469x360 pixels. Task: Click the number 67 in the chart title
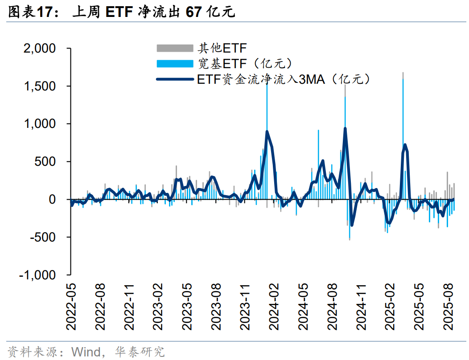point(192,12)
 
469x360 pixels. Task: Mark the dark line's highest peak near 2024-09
point(345,129)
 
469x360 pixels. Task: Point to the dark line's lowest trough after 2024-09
point(351,225)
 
